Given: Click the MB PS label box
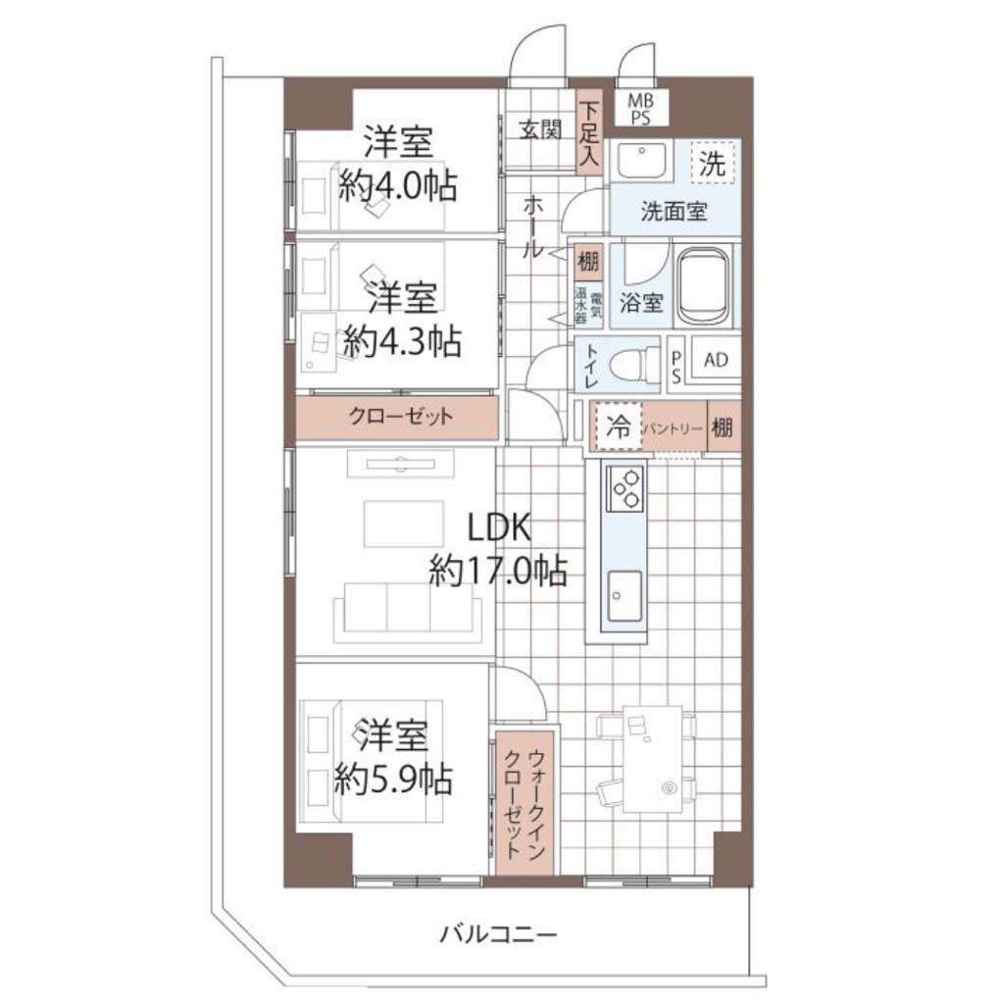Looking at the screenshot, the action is tap(640, 108).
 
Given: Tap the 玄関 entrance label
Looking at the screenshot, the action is tap(540, 130).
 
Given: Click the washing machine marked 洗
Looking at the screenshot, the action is tap(712, 163).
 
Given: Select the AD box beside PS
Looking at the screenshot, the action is tap(715, 361).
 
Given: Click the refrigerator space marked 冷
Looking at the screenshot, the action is tap(619, 427).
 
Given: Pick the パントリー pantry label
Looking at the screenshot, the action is tap(673, 428).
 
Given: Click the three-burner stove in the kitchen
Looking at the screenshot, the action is tap(625, 488).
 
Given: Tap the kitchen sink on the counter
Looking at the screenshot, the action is tap(625, 596).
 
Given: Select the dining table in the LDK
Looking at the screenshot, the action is tap(653, 760).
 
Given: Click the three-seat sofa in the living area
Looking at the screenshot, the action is tap(408, 612).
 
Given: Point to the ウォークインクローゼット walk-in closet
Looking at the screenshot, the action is tap(525, 803).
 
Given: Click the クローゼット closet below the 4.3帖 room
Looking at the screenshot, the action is tap(397, 418).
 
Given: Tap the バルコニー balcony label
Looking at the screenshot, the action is tap(498, 934).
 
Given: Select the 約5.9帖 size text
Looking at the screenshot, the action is tap(393, 779).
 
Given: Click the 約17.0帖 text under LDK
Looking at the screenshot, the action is tap(498, 570).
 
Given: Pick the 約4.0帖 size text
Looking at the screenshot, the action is tap(398, 186).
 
